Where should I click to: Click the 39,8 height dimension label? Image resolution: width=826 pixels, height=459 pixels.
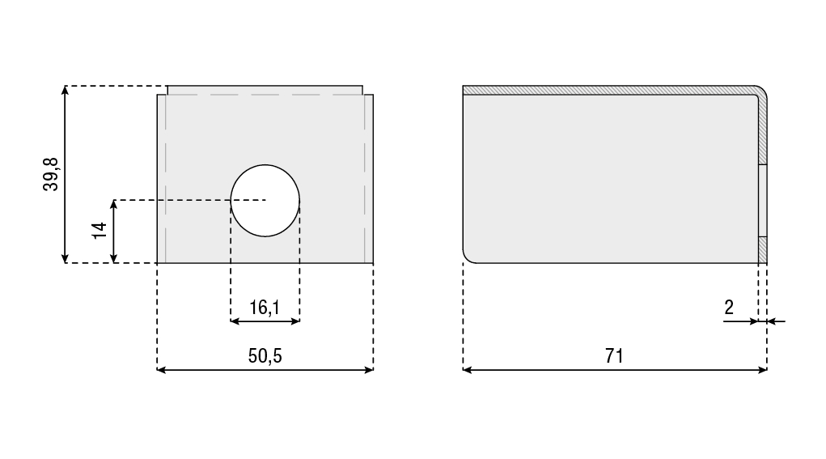pyautogui.click(x=51, y=174)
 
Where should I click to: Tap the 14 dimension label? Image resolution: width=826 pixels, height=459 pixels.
pyautogui.click(x=100, y=230)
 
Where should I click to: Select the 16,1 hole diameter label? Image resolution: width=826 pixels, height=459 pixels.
pyautogui.click(x=265, y=308)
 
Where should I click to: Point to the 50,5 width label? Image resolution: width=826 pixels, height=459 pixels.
pyautogui.click(x=265, y=355)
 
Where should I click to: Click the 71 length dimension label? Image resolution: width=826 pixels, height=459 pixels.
pyautogui.click(x=614, y=356)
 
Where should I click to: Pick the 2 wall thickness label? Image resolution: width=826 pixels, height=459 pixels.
pyautogui.click(x=729, y=308)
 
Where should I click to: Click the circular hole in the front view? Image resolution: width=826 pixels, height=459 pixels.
pyautogui.click(x=265, y=200)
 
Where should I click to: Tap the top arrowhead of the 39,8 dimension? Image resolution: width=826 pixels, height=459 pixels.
pyautogui.click(x=65, y=90)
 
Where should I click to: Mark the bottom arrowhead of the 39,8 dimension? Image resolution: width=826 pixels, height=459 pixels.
pyautogui.click(x=65, y=258)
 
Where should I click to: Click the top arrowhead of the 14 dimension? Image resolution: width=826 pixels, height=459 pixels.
pyautogui.click(x=114, y=204)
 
